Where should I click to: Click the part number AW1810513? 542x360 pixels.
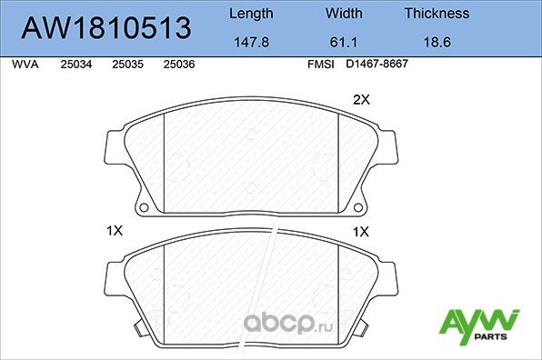[x=106, y=28]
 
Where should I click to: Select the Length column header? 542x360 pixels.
[x=250, y=14]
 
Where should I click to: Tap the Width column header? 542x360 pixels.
[x=343, y=14]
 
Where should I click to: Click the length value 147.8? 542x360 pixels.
[x=250, y=42]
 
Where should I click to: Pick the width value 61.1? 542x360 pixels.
[x=343, y=42]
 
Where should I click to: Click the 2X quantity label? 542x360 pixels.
[x=361, y=101]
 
